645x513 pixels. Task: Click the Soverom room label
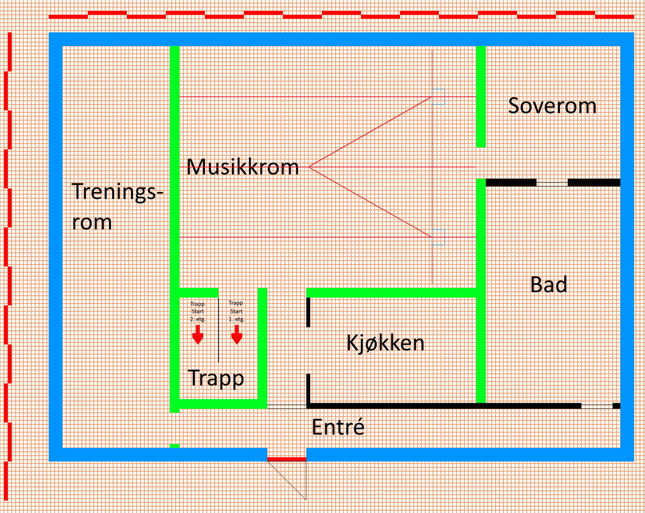[552, 105]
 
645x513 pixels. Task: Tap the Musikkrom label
[243, 167]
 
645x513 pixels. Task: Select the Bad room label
[549, 285]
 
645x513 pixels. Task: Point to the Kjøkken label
[385, 342]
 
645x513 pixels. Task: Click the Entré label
[338, 427]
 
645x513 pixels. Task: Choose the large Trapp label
[216, 378]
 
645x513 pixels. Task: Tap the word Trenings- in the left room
[117, 191]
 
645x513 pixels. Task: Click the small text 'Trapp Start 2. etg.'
[198, 312]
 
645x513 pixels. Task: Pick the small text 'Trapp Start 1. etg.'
[236, 311]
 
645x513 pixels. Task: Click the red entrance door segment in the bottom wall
[286, 459]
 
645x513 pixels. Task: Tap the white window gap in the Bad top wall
[552, 183]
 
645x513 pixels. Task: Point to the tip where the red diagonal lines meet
[310, 167]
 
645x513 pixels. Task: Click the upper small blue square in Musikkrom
[438, 97]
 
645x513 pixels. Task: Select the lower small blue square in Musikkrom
[438, 237]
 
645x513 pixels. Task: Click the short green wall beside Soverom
[481, 96]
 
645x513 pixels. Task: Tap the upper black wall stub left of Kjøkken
[308, 312]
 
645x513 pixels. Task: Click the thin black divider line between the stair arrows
[218, 330]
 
